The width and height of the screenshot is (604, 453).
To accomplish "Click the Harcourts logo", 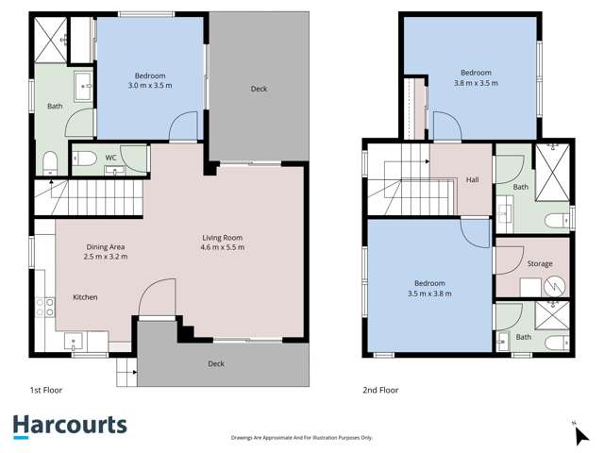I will pyautogui.click(x=70, y=426).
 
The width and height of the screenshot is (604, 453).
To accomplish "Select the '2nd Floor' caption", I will pyautogui.click(x=380, y=388).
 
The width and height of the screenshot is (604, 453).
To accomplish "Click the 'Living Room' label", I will pyautogui.click(x=224, y=237).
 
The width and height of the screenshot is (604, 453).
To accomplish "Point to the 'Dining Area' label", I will pyautogui.click(x=104, y=246).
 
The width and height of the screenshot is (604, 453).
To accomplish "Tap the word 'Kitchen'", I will pyautogui.click(x=86, y=297).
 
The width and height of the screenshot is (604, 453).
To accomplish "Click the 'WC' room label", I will pyautogui.click(x=110, y=157).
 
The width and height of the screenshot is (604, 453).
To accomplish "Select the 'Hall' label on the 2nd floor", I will pyautogui.click(x=474, y=180).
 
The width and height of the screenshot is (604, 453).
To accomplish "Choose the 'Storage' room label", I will pyautogui.click(x=540, y=263).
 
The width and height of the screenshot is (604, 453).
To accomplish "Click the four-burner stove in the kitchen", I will pyautogui.click(x=44, y=306).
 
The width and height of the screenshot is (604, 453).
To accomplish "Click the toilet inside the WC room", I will pyautogui.click(x=85, y=158).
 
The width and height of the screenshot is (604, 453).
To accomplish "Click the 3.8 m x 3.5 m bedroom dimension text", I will pyautogui.click(x=476, y=83).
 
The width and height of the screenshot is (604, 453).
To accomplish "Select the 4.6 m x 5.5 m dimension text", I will pyautogui.click(x=224, y=247).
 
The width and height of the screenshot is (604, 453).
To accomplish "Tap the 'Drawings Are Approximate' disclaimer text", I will pyautogui.click(x=301, y=438).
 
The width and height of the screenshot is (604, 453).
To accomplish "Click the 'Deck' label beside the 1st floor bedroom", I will pyautogui.click(x=259, y=89).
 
